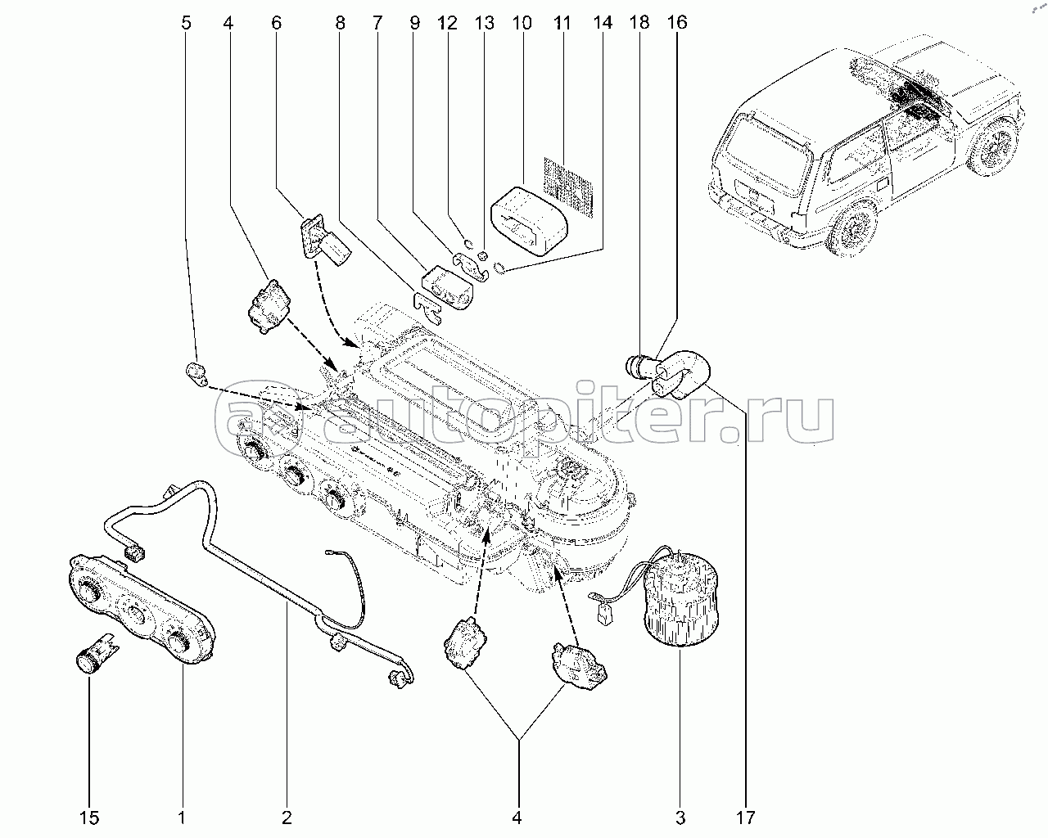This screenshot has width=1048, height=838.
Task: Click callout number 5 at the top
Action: [x=186, y=22]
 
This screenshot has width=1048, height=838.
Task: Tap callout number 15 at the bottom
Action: [x=89, y=816]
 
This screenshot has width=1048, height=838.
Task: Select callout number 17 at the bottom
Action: [x=745, y=816]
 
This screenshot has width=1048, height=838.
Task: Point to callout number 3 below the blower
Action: [x=680, y=816]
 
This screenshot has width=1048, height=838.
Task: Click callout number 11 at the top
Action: [x=562, y=22]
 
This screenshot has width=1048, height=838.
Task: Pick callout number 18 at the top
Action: [x=639, y=22]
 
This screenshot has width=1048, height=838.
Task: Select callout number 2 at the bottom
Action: [x=287, y=816]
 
